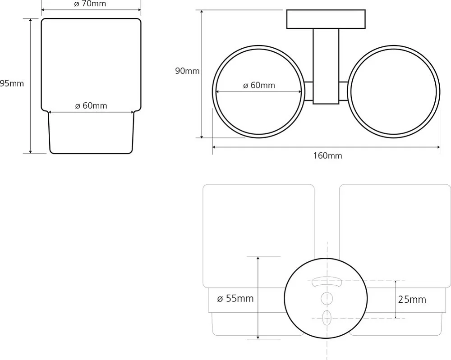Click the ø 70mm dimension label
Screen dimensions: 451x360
90,4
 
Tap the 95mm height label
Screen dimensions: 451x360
12,84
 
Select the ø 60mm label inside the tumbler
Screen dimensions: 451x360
91,106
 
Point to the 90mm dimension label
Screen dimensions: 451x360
187,71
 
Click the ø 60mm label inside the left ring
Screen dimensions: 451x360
259,85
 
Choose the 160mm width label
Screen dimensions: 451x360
327,156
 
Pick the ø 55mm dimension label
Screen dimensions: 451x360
235,299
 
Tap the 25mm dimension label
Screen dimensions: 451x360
412,300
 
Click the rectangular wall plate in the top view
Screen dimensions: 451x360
326,19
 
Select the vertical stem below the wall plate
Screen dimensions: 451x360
326,66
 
